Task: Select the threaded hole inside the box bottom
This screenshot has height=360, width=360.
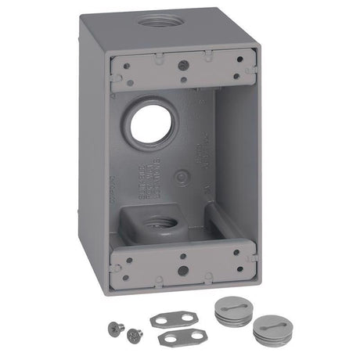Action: pyautogui.click(x=161, y=223)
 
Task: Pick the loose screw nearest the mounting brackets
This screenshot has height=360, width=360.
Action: pyautogui.click(x=134, y=333)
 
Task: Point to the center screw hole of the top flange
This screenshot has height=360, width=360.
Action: pyautogui.click(x=182, y=66)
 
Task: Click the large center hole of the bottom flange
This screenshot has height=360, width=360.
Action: pyautogui.click(x=182, y=270)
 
